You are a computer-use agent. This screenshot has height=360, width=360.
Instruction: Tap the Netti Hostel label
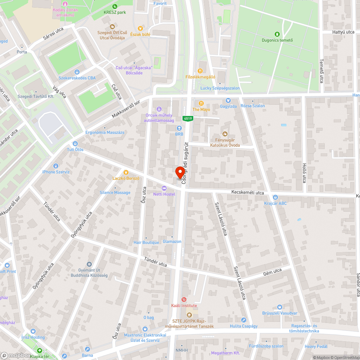(164, 194)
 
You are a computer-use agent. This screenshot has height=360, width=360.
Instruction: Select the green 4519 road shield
(188, 118)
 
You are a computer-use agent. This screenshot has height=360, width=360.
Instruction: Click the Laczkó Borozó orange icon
(126, 172)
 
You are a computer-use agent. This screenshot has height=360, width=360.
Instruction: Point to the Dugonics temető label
(277, 40)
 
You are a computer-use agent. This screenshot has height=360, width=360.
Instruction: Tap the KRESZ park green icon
(114, 6)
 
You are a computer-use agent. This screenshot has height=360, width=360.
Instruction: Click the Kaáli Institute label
(184, 306)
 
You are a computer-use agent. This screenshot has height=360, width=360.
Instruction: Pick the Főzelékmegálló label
(200, 77)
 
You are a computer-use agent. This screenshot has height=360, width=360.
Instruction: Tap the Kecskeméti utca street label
(248, 193)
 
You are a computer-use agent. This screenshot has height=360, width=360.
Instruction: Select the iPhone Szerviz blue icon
(55, 166)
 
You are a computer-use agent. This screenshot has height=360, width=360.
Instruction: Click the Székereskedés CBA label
(77, 78)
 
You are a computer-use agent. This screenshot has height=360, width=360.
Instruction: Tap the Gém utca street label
(272, 272)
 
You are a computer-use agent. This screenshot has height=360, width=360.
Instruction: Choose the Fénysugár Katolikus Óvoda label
(225, 143)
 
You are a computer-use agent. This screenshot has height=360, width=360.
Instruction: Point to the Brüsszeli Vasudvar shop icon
(280, 307)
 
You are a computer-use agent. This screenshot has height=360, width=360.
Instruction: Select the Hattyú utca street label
(343, 32)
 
